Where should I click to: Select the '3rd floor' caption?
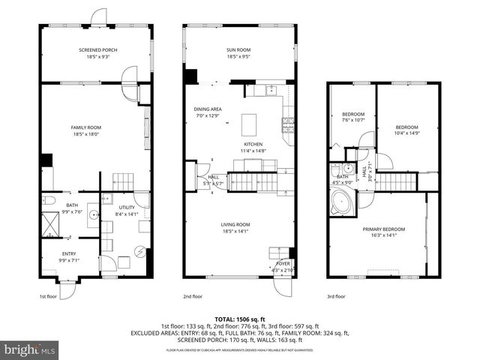(x=336, y=296)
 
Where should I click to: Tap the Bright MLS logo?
(x=30, y=349)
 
